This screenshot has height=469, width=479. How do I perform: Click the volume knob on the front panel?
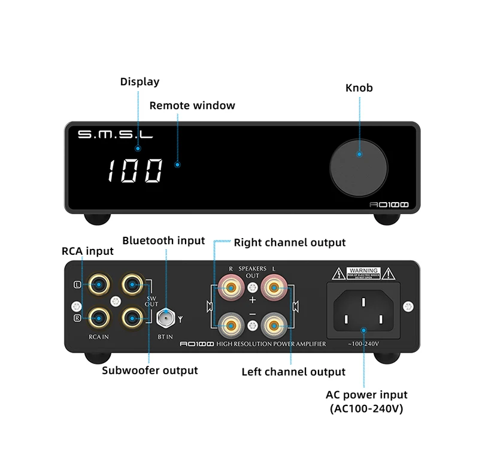point(359,155)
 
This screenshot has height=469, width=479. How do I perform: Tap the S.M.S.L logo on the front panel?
point(115,134)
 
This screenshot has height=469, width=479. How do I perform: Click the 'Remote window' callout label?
point(192,106)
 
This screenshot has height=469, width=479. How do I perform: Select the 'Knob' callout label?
point(359,88)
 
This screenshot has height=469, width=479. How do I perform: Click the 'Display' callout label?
point(140,82)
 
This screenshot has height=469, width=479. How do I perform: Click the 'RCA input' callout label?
point(87,251)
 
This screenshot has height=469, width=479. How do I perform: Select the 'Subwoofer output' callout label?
point(150,370)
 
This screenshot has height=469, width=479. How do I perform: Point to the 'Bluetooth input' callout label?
point(163,240)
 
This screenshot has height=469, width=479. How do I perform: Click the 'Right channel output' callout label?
point(290,242)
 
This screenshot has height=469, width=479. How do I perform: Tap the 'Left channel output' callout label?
point(293,372)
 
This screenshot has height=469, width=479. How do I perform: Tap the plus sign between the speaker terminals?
point(252,299)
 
